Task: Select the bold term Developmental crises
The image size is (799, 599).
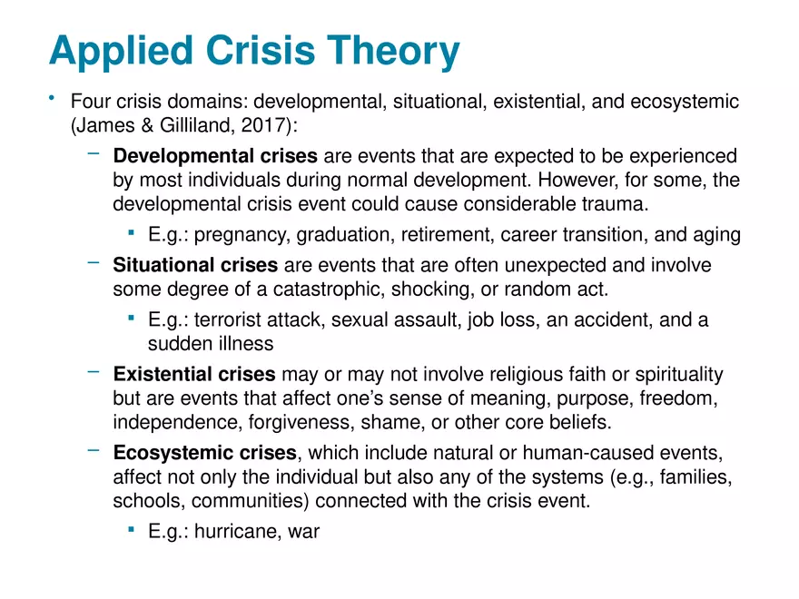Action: click(215, 157)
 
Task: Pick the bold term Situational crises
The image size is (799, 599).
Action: click(195, 266)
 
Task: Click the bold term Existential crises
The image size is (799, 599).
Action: click(194, 375)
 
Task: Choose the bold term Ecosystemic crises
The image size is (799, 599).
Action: click(204, 453)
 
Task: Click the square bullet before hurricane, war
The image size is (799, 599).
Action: click(132, 530)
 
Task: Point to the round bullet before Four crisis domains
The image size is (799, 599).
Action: click(54, 99)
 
